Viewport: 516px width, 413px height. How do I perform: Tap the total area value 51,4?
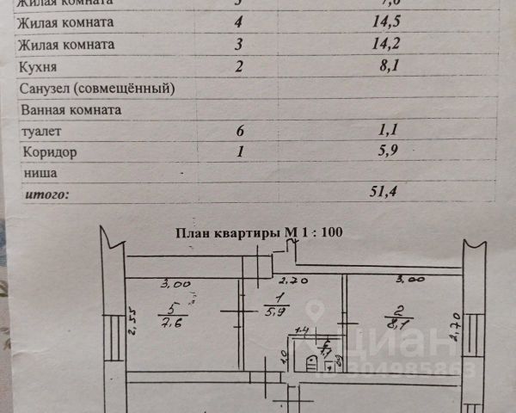[359, 194]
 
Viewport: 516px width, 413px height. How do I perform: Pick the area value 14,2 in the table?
[359, 43]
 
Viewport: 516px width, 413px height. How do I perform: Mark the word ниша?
[38, 173]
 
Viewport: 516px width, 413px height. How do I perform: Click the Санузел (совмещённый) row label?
[96, 88]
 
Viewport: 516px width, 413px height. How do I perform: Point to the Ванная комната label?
[70, 109]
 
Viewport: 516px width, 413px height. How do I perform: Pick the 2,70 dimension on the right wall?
[457, 327]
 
